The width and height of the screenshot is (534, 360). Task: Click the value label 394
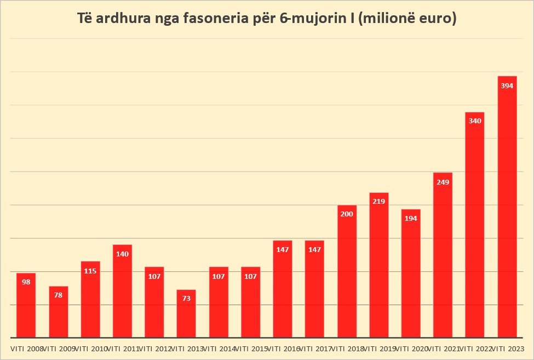(x=507, y=86)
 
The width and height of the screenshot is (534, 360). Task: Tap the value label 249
(x=443, y=182)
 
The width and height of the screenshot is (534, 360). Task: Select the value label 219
(x=378, y=202)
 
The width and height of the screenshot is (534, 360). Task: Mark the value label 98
(x=26, y=282)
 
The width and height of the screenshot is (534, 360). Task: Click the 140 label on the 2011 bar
(x=123, y=254)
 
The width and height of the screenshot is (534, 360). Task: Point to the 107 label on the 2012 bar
(x=154, y=276)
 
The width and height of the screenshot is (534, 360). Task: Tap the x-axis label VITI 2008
(x=26, y=348)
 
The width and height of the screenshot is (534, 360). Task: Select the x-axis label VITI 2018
(x=347, y=348)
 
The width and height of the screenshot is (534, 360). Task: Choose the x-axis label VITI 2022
(x=475, y=348)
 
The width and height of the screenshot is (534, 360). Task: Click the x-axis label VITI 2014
(x=219, y=348)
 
